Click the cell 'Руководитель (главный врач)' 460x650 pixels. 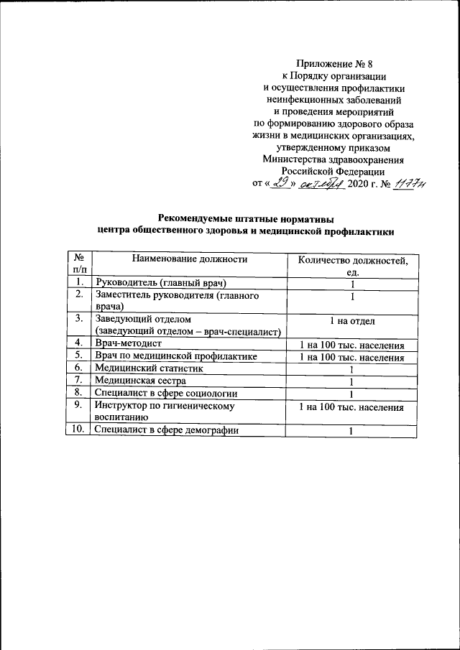pos(160,282)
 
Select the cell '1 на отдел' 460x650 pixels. pos(352,321)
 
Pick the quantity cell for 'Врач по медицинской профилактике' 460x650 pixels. pos(352,356)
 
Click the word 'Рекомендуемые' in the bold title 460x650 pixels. pos(196,218)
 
